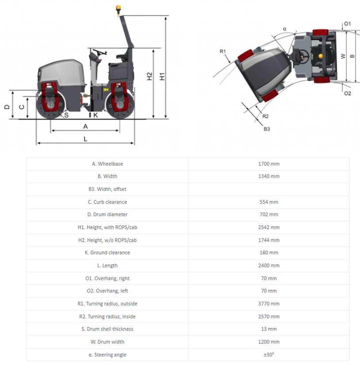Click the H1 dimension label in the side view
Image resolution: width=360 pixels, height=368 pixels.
tap(162, 76)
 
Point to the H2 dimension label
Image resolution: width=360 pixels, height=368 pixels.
tap(149, 76)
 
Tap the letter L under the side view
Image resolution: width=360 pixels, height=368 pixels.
tap(86, 139)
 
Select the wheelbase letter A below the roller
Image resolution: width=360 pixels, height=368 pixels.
tap(86, 126)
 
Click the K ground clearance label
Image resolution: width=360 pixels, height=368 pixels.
tap(96, 115)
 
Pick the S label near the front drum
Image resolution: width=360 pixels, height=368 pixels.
tap(66, 115)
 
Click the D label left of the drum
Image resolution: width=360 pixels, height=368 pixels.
tap(6, 107)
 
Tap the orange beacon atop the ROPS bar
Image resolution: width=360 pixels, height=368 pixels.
tap(118, 8)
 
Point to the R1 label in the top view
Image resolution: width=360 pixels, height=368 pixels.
tap(223, 52)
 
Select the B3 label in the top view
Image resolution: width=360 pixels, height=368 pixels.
tap(267, 129)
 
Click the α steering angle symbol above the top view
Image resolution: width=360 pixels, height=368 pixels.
tap(284, 29)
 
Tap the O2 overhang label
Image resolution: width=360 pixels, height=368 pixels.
tap(347, 93)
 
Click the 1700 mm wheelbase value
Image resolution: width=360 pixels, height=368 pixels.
tap(269, 164)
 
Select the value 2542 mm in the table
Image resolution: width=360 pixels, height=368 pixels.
tap(269, 228)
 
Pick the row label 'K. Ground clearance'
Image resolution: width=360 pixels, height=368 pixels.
tap(107, 253)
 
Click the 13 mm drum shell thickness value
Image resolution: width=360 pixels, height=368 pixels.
tap(269, 329)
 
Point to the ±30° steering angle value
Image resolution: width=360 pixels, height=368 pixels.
tap(269, 354)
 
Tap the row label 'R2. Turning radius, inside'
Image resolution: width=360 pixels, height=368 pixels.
tap(107, 316)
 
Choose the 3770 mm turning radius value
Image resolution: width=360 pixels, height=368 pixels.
tap(269, 304)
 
